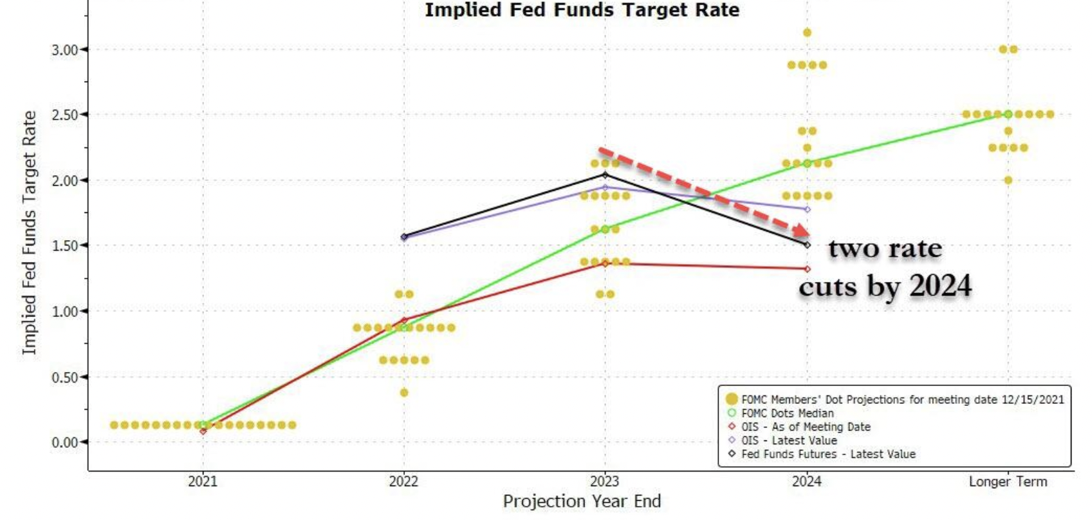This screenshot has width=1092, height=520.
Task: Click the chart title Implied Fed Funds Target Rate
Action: [x=582, y=10]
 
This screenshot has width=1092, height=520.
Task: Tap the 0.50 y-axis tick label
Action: [x=65, y=377]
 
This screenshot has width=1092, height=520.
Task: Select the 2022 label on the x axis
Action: [x=404, y=482]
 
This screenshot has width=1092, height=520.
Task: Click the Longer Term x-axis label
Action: [x=1008, y=482]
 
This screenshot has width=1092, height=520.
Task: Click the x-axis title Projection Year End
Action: [x=582, y=501]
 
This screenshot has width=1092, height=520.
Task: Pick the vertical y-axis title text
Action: [x=29, y=232]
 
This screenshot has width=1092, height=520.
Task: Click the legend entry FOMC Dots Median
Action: [x=787, y=413]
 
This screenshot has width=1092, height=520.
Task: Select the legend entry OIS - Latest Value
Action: [x=789, y=440]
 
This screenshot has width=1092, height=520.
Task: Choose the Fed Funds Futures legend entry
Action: [x=828, y=454]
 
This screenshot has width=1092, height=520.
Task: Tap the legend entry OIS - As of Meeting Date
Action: [x=805, y=427]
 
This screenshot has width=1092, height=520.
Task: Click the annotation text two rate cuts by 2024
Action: [x=885, y=267]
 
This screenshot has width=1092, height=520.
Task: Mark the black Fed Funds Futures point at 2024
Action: [x=807, y=245]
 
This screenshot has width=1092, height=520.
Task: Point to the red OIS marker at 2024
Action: [x=807, y=269]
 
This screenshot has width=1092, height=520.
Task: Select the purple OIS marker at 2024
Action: [x=807, y=210]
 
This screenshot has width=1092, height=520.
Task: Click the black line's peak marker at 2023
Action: [x=605, y=175]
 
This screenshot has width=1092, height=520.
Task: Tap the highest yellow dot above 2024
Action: [x=807, y=32]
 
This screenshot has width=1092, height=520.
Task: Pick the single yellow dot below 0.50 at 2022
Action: [x=404, y=393]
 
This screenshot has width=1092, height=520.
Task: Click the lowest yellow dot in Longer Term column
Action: [x=1009, y=180]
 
